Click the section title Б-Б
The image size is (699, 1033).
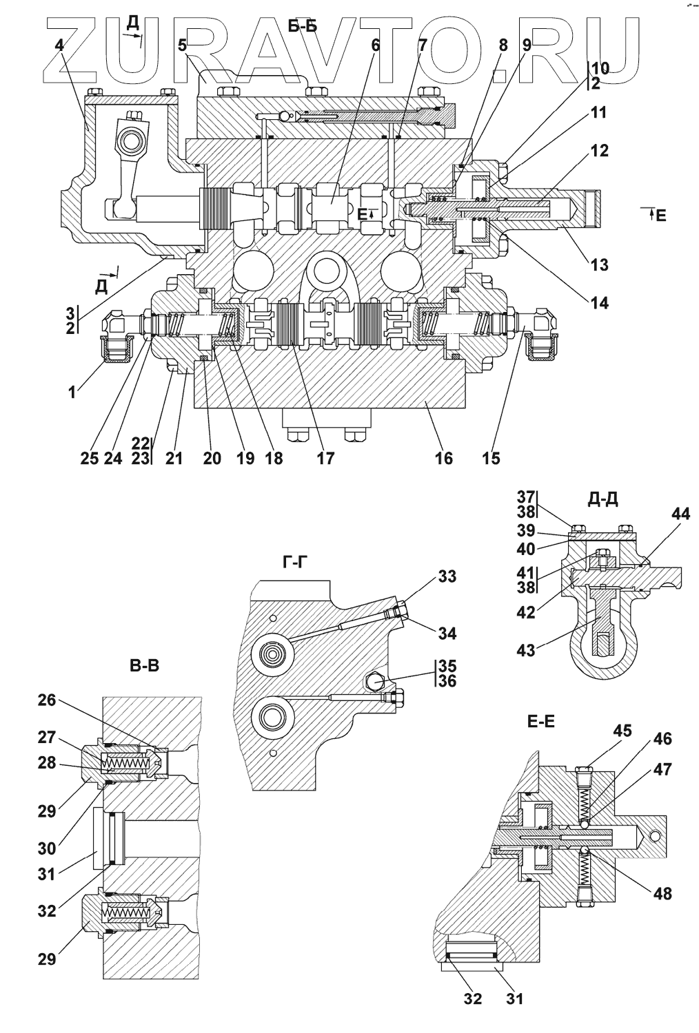[303, 27]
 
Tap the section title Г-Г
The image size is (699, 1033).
[294, 562]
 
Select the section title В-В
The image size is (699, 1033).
[145, 666]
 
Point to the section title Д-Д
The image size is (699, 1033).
[602, 499]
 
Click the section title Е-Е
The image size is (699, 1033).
[540, 722]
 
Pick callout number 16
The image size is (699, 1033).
[444, 458]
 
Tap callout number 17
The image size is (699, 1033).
[325, 458]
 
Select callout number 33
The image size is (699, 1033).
[447, 576]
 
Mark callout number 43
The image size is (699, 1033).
[525, 650]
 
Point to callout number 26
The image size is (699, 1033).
[47, 700]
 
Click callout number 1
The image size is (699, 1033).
[72, 393]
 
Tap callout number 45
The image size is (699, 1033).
[622, 731]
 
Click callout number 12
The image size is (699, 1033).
[599, 150]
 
